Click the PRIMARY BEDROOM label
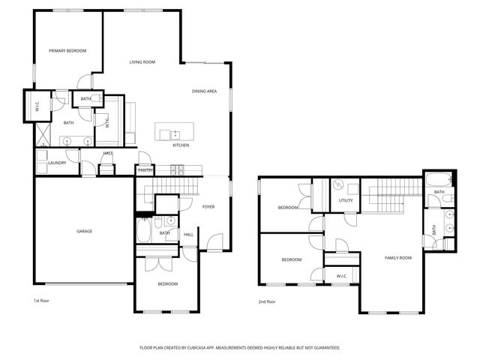pos(67,51)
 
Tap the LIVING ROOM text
pos(142,62)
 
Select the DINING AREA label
pos(204,91)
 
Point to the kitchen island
pos(175,132)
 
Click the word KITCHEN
pos(181,145)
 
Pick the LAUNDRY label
pos(57,163)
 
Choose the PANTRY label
pos(145,171)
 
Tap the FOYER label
pos(208,206)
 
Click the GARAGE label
pos(84,231)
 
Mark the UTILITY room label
pos(346,201)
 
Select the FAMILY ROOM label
pos(398,258)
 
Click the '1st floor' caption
pos(42,301)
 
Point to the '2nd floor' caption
pos(267,301)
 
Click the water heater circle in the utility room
pos(338,184)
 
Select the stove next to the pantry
pos(178,170)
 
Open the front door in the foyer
pos(215,241)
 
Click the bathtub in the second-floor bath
pos(438,179)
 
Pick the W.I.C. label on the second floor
pos(342,276)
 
